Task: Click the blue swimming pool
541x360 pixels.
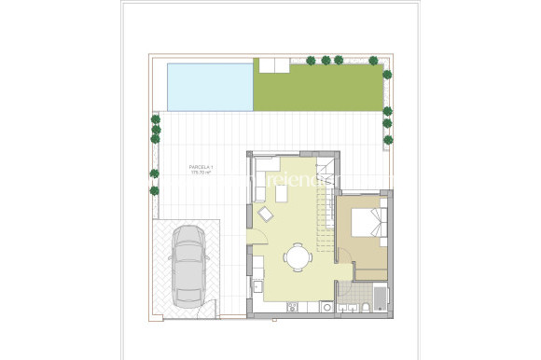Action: pos(210,85)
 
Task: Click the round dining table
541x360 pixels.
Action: pos(297,256)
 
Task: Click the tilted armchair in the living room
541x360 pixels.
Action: pos(267,215)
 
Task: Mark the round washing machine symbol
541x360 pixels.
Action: pos(326,305)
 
